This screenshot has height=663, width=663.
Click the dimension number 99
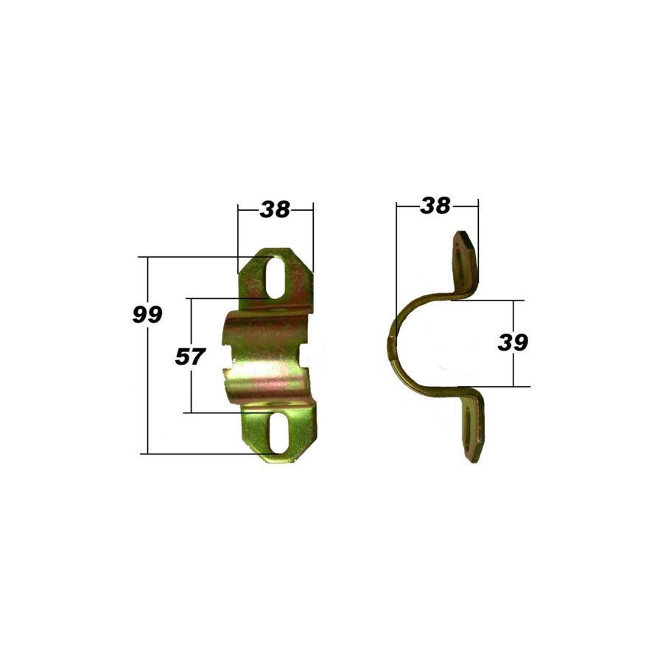click(x=147, y=315)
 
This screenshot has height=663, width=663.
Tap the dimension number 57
click(x=189, y=357)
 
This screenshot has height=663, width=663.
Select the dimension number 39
click(x=513, y=343)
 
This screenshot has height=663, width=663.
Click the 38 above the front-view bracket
click(x=275, y=210)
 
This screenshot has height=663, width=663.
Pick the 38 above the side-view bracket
click(x=435, y=206)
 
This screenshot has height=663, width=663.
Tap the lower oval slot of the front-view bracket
click(x=277, y=433)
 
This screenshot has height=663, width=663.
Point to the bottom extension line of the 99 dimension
click(x=199, y=454)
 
